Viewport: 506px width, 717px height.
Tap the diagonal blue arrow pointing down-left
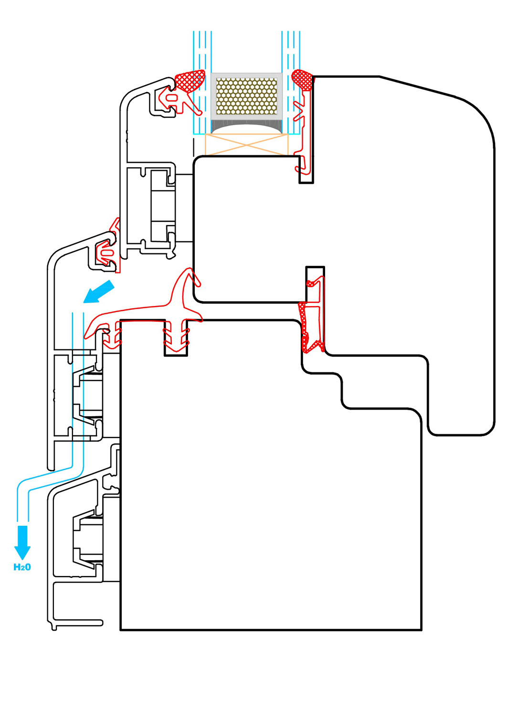pyautogui.click(x=98, y=292)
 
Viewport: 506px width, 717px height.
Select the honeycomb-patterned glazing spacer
pyautogui.click(x=246, y=97)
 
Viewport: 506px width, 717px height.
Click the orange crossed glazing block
pyautogui.click(x=246, y=145)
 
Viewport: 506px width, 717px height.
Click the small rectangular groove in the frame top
pyautogui.click(x=176, y=337)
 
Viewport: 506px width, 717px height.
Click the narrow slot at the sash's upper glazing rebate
pyautogui.click(x=306, y=170)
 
